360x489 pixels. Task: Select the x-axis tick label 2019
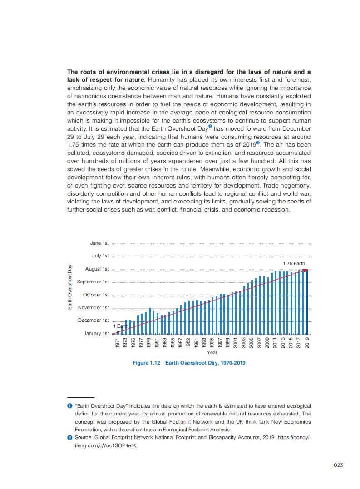point(307,343)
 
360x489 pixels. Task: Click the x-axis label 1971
point(118,343)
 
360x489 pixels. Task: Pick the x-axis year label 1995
point(212,343)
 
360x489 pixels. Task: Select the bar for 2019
point(307,301)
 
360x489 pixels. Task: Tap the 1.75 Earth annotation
point(294,263)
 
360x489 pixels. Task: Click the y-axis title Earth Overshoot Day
point(70,288)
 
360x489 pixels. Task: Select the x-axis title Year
point(212,352)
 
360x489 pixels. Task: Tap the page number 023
point(337,465)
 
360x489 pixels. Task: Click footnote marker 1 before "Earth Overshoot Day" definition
point(70,406)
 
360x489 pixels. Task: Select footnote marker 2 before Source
point(70,437)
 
